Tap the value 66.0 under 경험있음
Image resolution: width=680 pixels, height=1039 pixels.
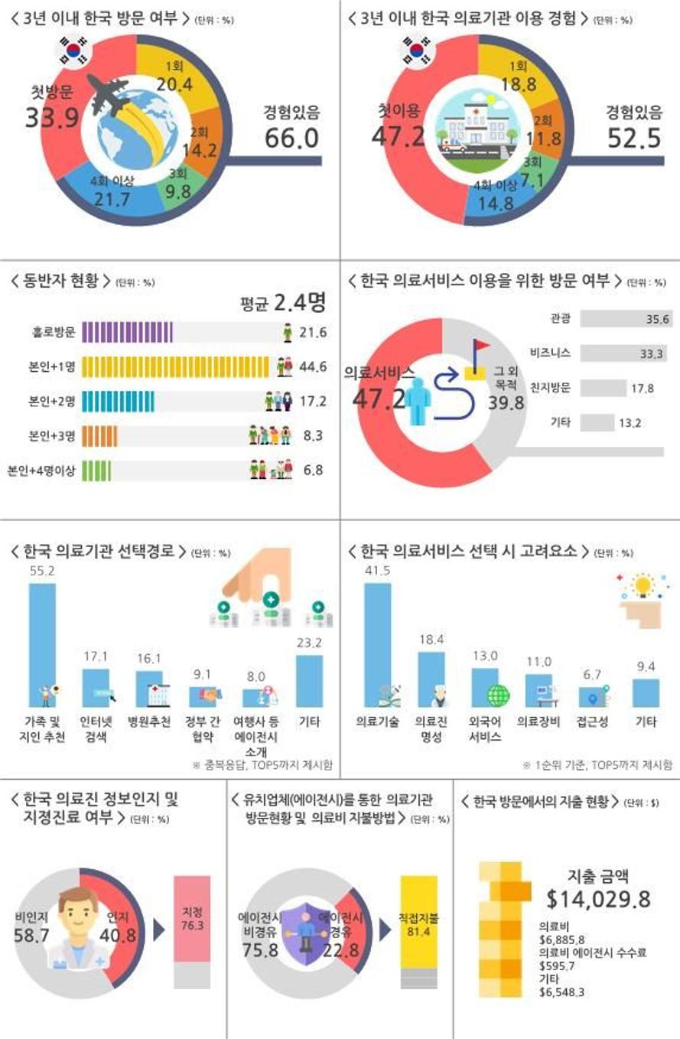(x=291, y=138)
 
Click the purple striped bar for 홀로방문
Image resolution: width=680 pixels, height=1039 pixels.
(x=127, y=333)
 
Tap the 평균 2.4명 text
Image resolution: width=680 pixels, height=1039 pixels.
(x=283, y=303)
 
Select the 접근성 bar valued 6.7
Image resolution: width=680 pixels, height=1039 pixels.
(x=592, y=696)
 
